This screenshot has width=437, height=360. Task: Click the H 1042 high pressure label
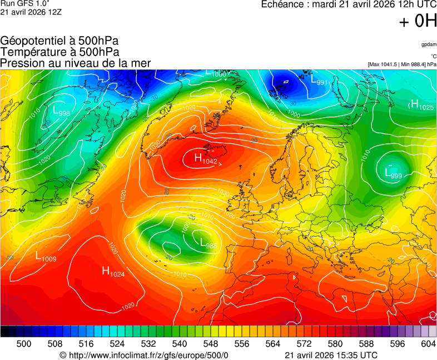205,159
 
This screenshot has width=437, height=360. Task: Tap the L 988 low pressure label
208,243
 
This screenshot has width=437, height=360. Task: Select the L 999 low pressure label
393,174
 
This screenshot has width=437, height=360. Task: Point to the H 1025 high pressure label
421,106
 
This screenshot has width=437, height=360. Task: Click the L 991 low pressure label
319,81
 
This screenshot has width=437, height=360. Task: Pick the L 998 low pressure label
61,112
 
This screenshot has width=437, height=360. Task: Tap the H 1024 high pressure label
113,272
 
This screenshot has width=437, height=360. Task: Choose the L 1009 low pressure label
46,257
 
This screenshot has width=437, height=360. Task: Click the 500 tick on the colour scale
24,344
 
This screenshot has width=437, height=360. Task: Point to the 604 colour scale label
428,344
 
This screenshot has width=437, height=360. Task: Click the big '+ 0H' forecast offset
418,21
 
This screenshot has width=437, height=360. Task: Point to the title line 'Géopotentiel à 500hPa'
59,41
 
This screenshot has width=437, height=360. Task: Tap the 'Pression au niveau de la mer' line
76,63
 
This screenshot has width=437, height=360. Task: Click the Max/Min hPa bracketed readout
402,64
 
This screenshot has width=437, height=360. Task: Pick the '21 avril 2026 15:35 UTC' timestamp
331,355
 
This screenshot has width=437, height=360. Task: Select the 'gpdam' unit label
429,44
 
